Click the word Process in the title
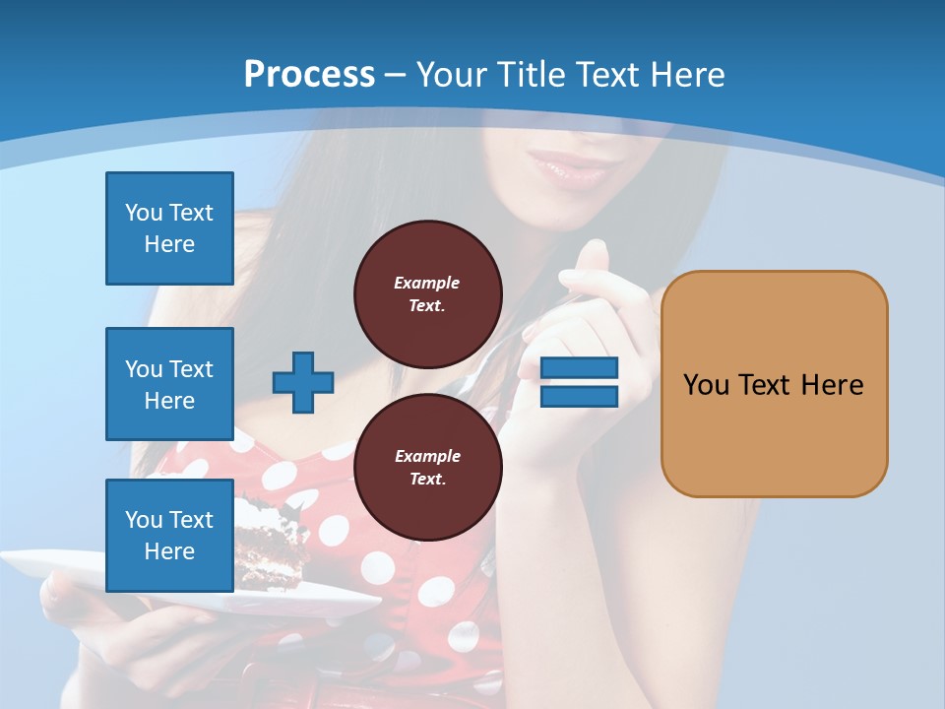click(309, 74)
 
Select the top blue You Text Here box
click(169, 228)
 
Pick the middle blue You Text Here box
click(169, 384)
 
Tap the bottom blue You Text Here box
click(169, 536)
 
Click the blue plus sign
click(303, 382)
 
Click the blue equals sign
click(580, 382)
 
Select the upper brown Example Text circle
click(427, 293)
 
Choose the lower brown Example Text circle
click(427, 467)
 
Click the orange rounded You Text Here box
click(774, 384)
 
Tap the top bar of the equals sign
click(580, 368)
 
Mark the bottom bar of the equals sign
click(580, 396)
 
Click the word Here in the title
click(685, 74)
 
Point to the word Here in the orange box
click(832, 384)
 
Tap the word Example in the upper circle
click(427, 283)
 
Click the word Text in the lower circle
click(427, 479)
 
